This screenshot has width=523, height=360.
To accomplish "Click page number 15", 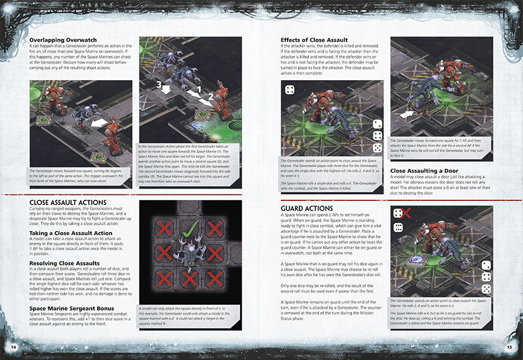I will point(509,347).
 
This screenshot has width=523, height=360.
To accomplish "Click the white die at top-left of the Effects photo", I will point(288,89).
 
